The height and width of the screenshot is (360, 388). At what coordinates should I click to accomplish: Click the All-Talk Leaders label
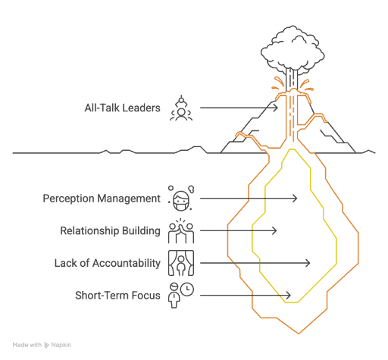click(122, 108)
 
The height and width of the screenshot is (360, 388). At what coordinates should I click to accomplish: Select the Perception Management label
click(102, 199)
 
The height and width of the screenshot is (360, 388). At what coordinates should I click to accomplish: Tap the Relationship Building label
click(110, 231)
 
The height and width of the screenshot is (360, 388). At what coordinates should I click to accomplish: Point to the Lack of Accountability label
click(108, 263)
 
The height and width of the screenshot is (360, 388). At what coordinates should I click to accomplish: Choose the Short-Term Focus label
click(117, 296)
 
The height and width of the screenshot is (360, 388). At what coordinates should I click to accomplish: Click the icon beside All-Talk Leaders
click(181, 108)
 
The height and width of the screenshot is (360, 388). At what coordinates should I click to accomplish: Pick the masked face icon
click(181, 199)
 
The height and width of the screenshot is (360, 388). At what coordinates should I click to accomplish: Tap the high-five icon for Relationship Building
click(181, 230)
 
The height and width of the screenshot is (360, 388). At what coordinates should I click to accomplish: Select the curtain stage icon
click(181, 263)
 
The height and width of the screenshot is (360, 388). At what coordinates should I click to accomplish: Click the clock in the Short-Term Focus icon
click(187, 289)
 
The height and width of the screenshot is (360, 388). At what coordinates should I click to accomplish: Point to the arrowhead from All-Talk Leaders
click(275, 108)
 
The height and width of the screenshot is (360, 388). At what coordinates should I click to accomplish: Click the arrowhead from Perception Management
click(295, 199)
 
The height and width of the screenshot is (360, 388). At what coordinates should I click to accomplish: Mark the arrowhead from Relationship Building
click(274, 230)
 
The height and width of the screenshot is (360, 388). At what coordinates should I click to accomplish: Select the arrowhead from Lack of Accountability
click(308, 263)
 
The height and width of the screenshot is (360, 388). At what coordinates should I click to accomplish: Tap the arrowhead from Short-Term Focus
click(288, 296)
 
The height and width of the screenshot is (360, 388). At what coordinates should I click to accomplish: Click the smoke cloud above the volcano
click(293, 49)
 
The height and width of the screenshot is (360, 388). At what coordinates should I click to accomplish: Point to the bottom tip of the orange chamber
click(299, 333)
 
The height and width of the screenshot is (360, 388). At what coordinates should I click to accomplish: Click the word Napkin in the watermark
click(61, 345)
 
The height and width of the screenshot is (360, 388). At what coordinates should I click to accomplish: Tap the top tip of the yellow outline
click(292, 149)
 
